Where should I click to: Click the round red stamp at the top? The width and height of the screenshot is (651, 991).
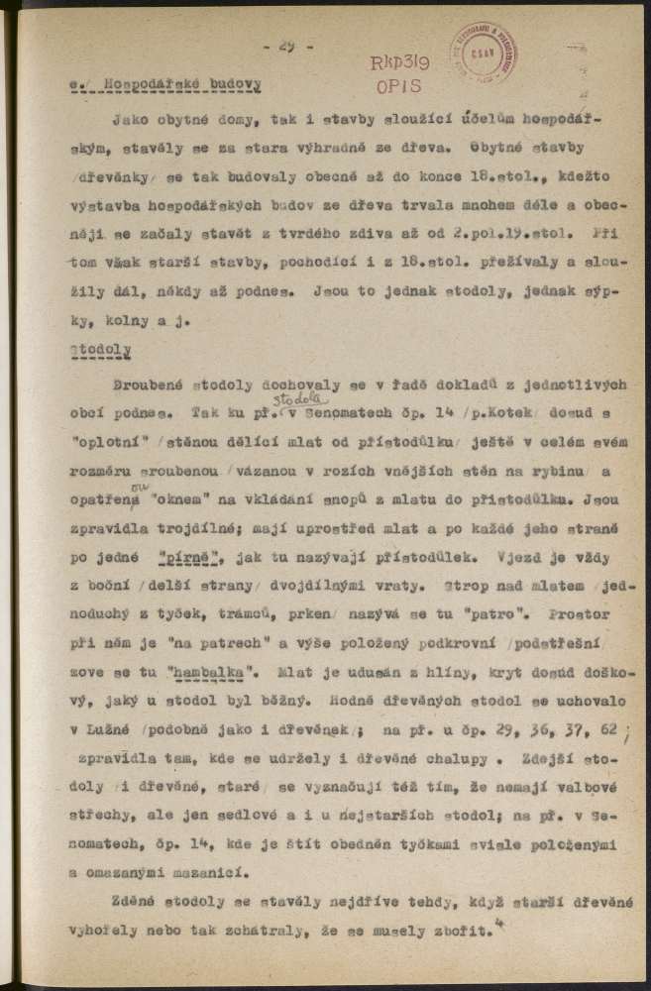tap(485, 51)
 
